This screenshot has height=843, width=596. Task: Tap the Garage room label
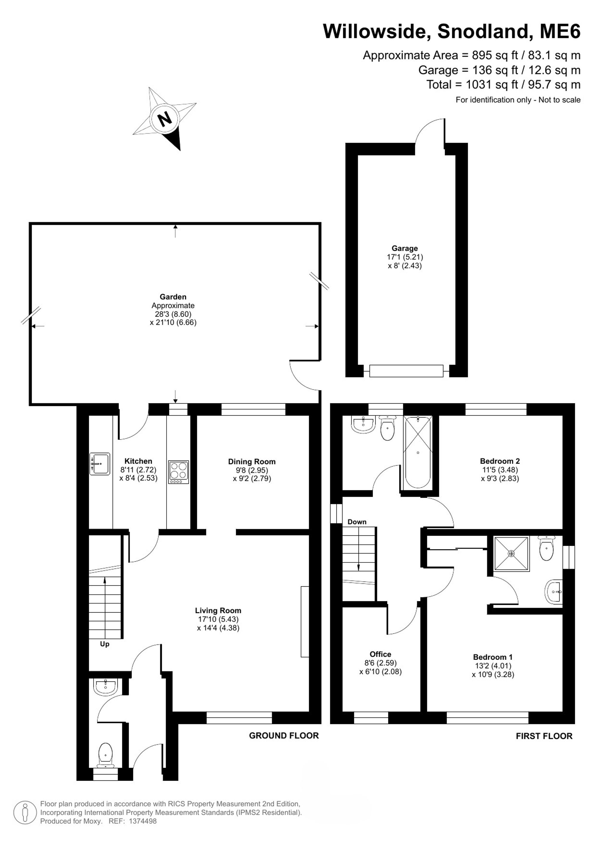[x=404, y=248]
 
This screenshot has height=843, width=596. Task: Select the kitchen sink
[x=100, y=464]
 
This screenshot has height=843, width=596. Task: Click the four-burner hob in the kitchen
[x=179, y=472]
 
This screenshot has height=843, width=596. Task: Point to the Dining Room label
[x=252, y=461]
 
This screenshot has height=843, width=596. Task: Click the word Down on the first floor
[x=357, y=522]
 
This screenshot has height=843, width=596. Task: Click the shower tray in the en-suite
[x=511, y=554]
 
